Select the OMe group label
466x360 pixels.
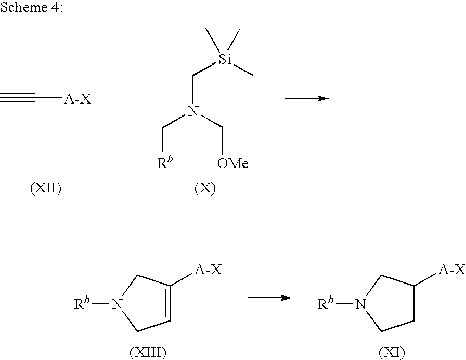pos(232,164)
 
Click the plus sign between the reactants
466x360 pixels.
pos(124,97)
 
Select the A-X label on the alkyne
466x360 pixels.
pos(77,99)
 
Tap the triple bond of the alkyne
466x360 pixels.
pos(18,98)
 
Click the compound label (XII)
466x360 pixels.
pos(46,188)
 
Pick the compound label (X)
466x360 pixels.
pos(205,188)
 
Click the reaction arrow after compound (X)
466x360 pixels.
pos(306,98)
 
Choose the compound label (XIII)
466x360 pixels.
pos(148,353)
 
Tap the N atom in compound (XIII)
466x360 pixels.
pos(117,304)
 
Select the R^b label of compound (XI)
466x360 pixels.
pos(326,303)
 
